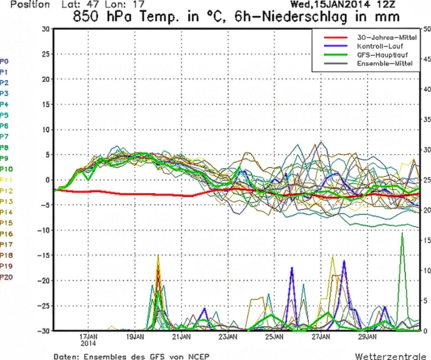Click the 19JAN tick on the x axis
coord(134,337)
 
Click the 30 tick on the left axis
coord(45,29)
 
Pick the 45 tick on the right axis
coord(426,59)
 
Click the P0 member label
coord(4,61)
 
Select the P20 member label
coord(6,277)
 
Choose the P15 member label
coord(6,223)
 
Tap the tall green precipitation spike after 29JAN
coord(402,234)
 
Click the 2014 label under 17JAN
coord(88,343)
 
